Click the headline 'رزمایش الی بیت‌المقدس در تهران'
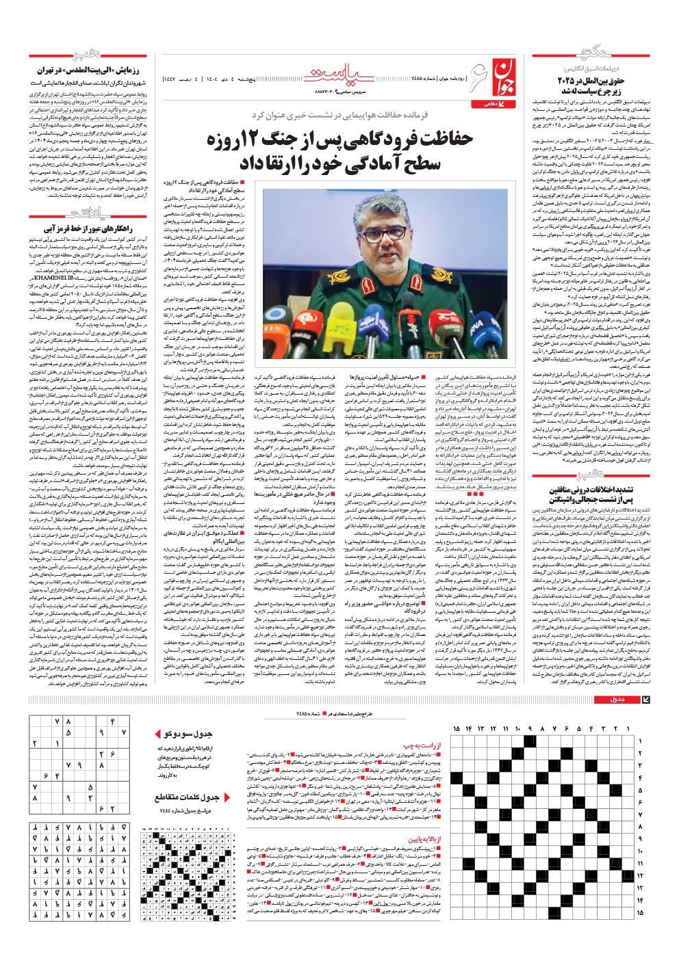[x=90, y=70]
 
